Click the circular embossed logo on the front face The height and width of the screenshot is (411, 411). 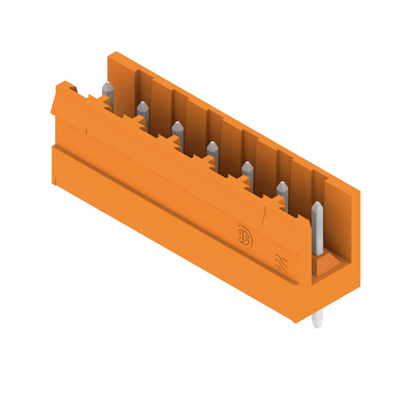point(245,236)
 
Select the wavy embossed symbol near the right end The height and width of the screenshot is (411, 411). point(281,263)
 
